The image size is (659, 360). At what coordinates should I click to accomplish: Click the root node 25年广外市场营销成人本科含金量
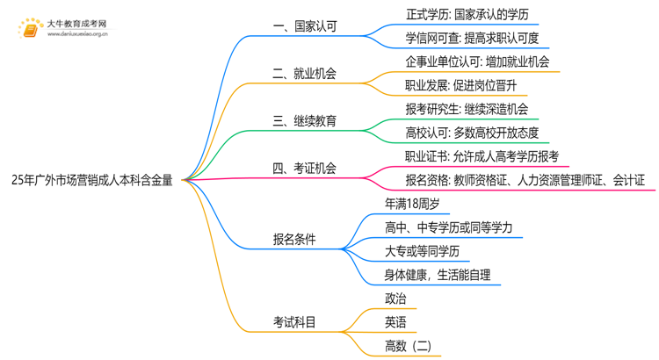pyautogui.click(x=93, y=181)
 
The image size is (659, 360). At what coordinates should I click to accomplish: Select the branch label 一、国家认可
pyautogui.click(x=305, y=26)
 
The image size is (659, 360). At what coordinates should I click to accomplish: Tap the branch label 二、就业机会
pyautogui.click(x=305, y=74)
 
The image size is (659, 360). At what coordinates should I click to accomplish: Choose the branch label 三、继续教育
pyautogui.click(x=305, y=121)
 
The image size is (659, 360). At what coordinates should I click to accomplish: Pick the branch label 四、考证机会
pyautogui.click(x=305, y=169)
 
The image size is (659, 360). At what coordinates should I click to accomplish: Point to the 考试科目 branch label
pyautogui.click(x=294, y=323)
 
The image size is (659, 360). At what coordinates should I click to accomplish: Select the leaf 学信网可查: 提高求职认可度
pyautogui.click(x=472, y=38)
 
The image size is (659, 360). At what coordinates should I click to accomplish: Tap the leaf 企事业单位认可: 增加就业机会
pyautogui.click(x=477, y=61)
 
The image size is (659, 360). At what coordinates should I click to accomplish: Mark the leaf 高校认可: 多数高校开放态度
pyautogui.click(x=472, y=133)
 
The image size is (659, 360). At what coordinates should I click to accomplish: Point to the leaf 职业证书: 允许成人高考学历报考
pyautogui.click(x=482, y=157)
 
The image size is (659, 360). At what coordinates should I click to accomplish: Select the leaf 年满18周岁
pyautogui.click(x=412, y=204)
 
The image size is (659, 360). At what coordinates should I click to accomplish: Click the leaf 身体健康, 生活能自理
pyautogui.click(x=438, y=275)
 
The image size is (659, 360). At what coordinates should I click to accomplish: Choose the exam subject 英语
pyautogui.click(x=395, y=323)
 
